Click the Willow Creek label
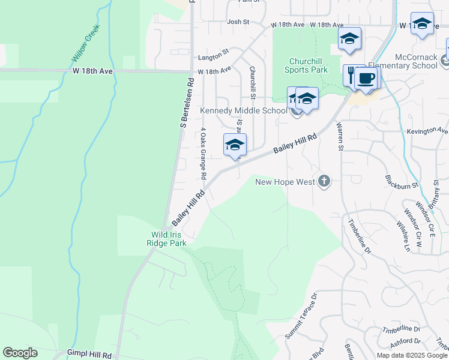tap(85, 47)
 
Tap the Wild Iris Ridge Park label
tap(166, 239)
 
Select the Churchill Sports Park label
tap(309, 65)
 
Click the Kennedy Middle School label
tap(243, 110)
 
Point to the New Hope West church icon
tap(324, 181)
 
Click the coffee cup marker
tap(367, 79)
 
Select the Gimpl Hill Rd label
tap(89, 355)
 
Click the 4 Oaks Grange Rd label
tap(203, 154)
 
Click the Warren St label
tap(340, 136)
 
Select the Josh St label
tap(238, 22)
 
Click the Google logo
tap(20, 353)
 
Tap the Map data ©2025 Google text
tap(411, 355)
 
